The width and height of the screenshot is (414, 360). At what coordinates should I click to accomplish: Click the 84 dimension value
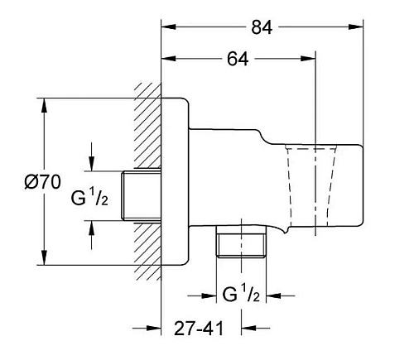click(262, 27)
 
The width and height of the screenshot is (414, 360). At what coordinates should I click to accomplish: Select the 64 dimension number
click(238, 59)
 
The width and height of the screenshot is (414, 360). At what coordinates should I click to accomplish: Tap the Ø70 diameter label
click(42, 182)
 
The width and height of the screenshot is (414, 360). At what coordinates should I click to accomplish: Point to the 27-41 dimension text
click(199, 329)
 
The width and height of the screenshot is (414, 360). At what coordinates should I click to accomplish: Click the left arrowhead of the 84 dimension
click(169, 26)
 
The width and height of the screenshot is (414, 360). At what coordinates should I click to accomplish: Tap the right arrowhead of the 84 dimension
click(355, 26)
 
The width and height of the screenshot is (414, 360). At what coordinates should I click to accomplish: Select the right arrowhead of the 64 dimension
click(308, 59)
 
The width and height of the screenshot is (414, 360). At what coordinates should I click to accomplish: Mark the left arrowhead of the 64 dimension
click(169, 59)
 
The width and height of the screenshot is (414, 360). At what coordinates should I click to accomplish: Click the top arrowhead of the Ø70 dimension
click(44, 105)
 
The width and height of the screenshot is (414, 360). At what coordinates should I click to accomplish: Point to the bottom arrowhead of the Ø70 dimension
click(44, 257)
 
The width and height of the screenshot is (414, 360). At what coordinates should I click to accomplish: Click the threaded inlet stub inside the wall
click(142, 195)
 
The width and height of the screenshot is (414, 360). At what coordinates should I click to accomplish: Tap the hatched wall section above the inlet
click(147, 126)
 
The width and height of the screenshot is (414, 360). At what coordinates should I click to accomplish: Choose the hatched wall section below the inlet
click(147, 251)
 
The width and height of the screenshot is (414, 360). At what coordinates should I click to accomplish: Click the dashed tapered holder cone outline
click(310, 185)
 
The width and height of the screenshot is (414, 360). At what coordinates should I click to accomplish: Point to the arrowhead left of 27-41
click(154, 329)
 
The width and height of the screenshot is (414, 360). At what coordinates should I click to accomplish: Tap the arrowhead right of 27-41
click(248, 329)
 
